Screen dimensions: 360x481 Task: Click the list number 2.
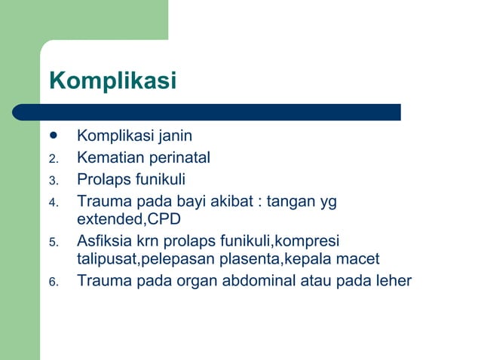tap(53, 159)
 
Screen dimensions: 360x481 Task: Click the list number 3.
tap(53, 181)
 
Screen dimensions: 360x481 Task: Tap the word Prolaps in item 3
tap(102, 180)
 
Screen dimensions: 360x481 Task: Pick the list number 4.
tap(53, 203)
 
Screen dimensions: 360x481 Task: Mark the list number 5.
tap(53, 243)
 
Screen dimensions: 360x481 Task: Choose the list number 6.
tap(53, 282)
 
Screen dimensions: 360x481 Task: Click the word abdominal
tap(259, 282)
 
